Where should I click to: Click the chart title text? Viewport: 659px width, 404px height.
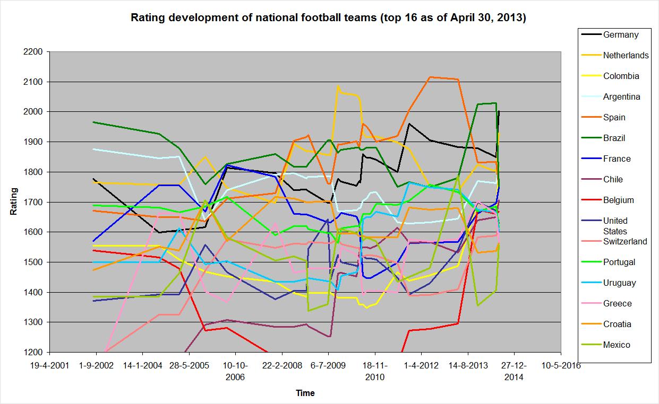[x=328, y=18]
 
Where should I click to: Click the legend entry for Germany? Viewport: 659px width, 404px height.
[x=620, y=35]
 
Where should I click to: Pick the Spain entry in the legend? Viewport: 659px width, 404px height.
[x=614, y=118]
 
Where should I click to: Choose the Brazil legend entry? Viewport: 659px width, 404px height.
[x=614, y=138]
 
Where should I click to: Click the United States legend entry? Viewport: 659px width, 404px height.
[x=615, y=226]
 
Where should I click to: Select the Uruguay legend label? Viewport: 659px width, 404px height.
[x=619, y=283]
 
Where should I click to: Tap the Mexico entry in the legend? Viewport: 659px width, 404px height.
[x=616, y=345]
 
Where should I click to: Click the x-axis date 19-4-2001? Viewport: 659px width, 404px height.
[x=50, y=366]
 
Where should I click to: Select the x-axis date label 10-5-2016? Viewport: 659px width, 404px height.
[x=560, y=366]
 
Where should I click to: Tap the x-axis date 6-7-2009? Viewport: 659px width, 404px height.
[x=328, y=366]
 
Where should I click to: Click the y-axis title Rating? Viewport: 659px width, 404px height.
[x=14, y=201]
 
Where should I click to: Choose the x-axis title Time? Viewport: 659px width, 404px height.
[x=305, y=393]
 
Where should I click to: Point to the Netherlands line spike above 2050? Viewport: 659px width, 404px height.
[x=338, y=86]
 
